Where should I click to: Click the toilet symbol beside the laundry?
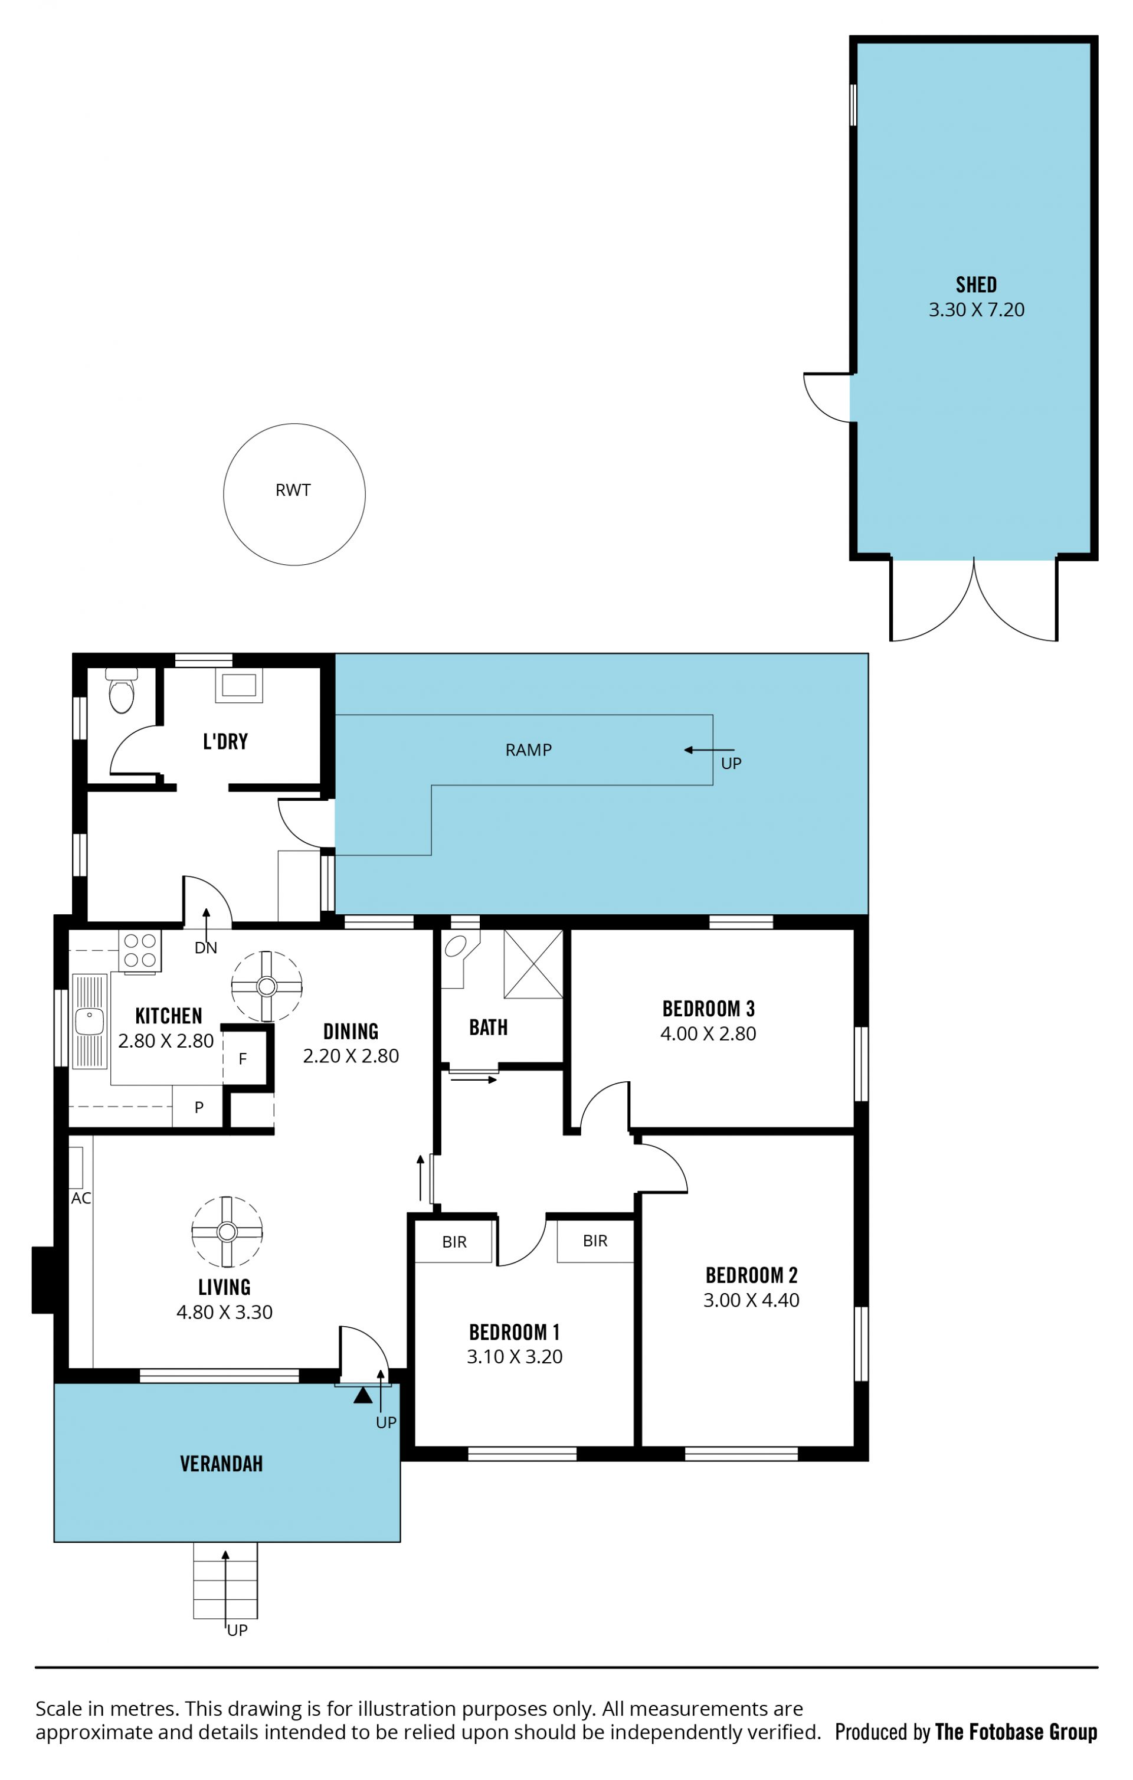tap(121, 691)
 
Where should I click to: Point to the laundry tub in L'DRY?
tap(239, 685)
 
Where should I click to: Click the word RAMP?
tap(528, 750)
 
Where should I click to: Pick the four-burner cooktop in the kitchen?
tap(140, 951)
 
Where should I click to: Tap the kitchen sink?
tap(90, 1022)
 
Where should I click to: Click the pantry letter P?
tap(199, 1107)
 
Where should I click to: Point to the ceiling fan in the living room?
tap(227, 1232)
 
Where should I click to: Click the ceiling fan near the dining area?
tap(267, 986)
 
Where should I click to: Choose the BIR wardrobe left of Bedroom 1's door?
tap(454, 1241)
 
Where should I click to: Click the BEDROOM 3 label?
tap(708, 1009)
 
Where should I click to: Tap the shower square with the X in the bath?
tap(533, 964)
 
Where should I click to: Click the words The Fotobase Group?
tap(1016, 1732)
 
